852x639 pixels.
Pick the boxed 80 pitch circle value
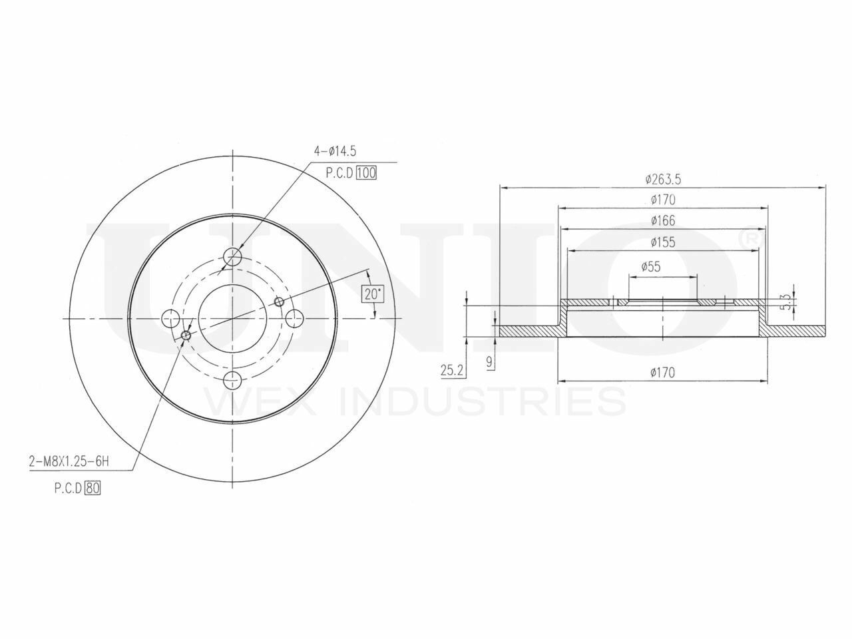(x=93, y=488)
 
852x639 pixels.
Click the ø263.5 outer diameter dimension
(x=662, y=178)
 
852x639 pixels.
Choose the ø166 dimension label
(x=662, y=220)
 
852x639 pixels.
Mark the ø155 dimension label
(x=662, y=242)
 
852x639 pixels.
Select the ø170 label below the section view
(x=662, y=373)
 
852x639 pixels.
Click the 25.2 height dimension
(x=452, y=369)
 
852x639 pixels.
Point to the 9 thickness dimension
(x=490, y=362)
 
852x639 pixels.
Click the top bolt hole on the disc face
(x=232, y=256)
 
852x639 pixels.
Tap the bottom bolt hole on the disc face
(x=232, y=381)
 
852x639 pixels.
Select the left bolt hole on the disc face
(x=170, y=318)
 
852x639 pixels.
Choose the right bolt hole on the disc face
(x=294, y=318)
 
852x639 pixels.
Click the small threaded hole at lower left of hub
(x=186, y=335)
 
